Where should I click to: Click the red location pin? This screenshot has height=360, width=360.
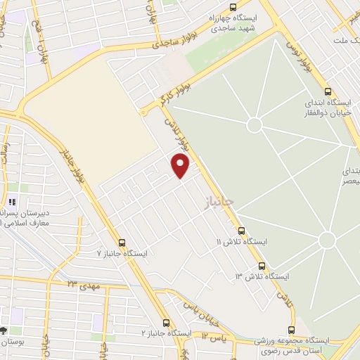pos(181,165)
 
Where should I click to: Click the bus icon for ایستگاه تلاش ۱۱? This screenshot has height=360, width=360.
pos(241,231)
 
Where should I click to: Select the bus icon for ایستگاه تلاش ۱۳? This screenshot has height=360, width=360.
pos(262,266)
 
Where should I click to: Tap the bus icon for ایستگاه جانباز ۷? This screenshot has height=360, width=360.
pos(122,242)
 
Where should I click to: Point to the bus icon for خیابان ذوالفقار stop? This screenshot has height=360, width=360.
pos(328,91)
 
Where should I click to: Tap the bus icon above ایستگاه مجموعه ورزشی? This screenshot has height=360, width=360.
pos(291,329)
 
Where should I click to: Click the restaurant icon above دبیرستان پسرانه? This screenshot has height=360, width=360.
pos(12,202)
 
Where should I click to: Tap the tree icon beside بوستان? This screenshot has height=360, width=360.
pos(4,330)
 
